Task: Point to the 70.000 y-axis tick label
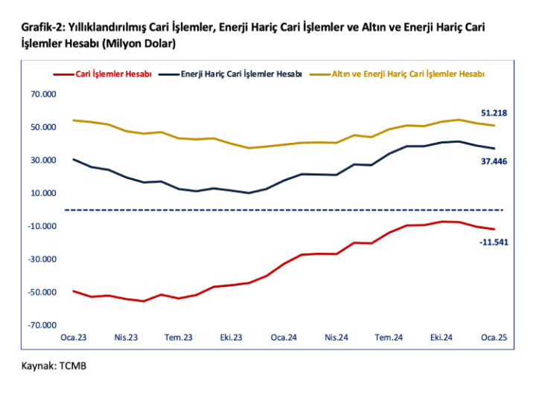[x=43, y=94]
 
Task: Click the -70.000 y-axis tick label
[x=42, y=325]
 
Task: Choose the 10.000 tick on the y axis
[x=43, y=193]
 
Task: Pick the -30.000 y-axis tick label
[x=42, y=259]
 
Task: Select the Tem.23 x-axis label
[x=179, y=338]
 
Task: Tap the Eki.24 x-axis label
[x=442, y=338]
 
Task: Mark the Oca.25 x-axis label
[x=494, y=338]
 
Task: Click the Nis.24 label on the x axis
[x=337, y=338]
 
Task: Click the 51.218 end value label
[x=494, y=113]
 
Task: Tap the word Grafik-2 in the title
[x=42, y=28]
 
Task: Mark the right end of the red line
[x=494, y=229]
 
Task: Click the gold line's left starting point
[x=73, y=120]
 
